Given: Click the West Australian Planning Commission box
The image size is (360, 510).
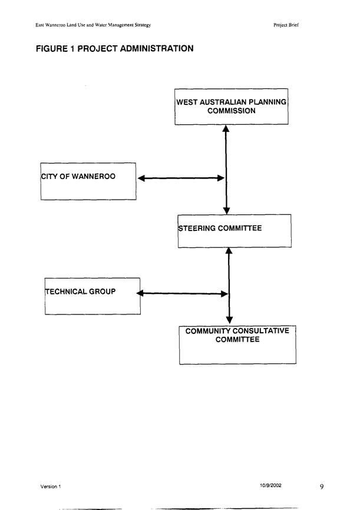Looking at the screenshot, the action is [x=232, y=107].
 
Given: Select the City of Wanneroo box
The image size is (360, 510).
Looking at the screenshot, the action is [x=88, y=181].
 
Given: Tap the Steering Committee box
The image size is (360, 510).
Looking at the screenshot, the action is [x=235, y=231].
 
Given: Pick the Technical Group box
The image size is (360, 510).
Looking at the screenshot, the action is [x=93, y=296].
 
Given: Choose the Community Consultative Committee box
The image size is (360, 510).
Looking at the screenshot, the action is [x=237, y=345].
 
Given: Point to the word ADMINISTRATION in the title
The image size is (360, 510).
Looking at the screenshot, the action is [x=157, y=48].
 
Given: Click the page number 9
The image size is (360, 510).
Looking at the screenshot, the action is [x=322, y=486].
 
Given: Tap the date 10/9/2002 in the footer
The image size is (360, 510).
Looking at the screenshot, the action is [x=270, y=485].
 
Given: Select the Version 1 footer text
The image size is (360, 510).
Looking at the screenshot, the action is [x=51, y=486].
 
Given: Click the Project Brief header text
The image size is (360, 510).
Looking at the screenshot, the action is [x=286, y=25].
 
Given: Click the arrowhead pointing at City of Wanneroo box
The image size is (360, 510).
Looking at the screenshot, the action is [x=141, y=178].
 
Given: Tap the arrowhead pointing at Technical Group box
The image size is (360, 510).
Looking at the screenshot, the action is [x=140, y=293].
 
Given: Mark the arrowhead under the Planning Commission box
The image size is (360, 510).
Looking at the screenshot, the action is [x=226, y=128].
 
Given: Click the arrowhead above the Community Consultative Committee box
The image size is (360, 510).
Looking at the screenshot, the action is [x=229, y=319].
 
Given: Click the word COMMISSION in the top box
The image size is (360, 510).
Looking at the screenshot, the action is [x=232, y=111].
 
